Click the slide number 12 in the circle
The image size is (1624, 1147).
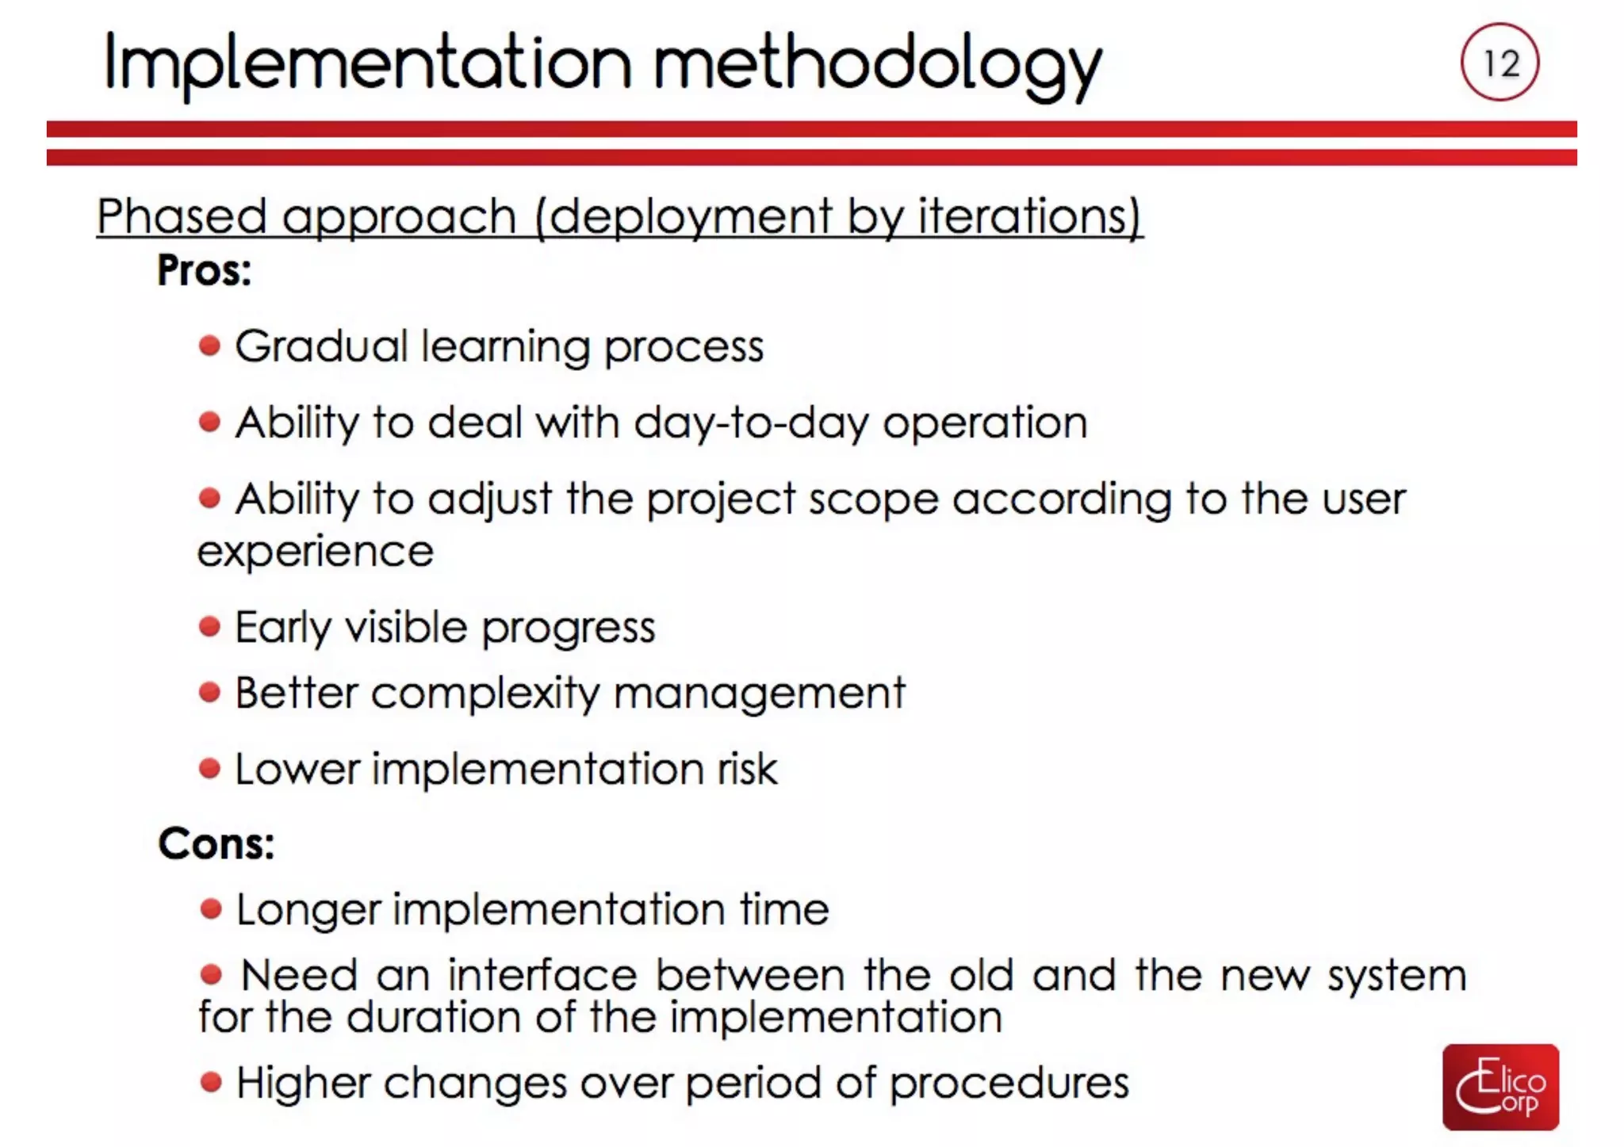point(1500,63)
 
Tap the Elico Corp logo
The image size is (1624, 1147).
point(1500,1086)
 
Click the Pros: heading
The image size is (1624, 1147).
point(204,270)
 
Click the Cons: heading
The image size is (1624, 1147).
point(216,843)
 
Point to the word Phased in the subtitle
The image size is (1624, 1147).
point(182,216)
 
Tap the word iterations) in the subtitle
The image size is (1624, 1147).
point(1030,216)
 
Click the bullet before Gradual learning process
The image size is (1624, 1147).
point(209,346)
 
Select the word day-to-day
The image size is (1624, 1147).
point(751,422)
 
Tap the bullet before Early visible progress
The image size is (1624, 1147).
point(209,627)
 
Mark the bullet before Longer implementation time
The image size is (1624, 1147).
point(211,909)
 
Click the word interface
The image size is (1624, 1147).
point(542,975)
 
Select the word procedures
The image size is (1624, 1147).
point(1009,1083)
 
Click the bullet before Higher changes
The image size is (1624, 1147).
point(211,1082)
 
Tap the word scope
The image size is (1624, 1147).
point(873,500)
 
